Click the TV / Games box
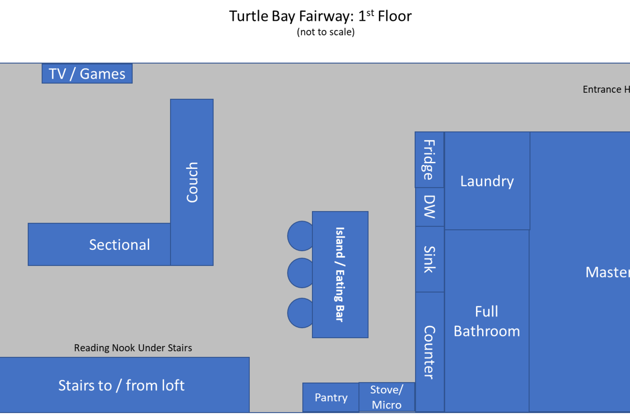tap(87, 73)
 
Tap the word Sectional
tap(119, 245)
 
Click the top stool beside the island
tap(300, 236)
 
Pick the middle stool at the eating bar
tap(300, 273)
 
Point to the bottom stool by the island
tap(300, 313)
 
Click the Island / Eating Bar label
tap(340, 274)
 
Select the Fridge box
tap(429, 160)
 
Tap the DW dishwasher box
tap(429, 207)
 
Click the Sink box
tap(429, 259)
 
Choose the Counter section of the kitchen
tap(429, 352)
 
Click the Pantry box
tap(331, 397)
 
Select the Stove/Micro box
tap(387, 397)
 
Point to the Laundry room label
tap(487, 181)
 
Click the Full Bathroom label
tap(486, 321)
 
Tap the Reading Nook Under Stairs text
tap(133, 348)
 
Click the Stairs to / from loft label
tap(122, 385)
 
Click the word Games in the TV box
tap(102, 73)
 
